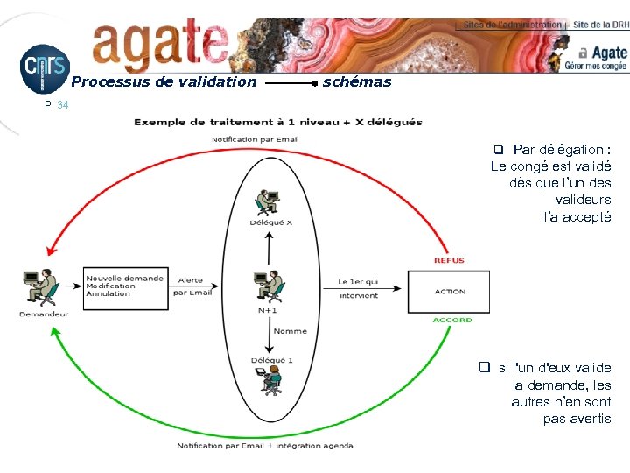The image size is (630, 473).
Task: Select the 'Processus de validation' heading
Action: click(164, 82)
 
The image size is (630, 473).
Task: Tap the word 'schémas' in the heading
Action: click(357, 82)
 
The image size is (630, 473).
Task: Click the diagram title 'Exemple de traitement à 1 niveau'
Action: click(277, 122)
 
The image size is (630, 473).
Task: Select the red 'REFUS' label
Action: click(449, 260)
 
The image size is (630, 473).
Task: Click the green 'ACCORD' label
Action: click(451, 321)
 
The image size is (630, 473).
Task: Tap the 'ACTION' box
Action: click(449, 291)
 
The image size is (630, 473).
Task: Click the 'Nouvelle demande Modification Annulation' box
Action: click(125, 286)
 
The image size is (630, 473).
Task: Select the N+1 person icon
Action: click(269, 286)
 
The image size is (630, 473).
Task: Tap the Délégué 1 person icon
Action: click(270, 379)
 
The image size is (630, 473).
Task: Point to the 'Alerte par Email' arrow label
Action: click(192, 286)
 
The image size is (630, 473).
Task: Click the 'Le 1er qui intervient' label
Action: click(358, 288)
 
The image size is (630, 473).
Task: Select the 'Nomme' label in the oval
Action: click(290, 331)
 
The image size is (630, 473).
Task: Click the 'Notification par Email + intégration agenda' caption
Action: click(265, 446)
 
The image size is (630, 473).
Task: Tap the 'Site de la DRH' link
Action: click(599, 25)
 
